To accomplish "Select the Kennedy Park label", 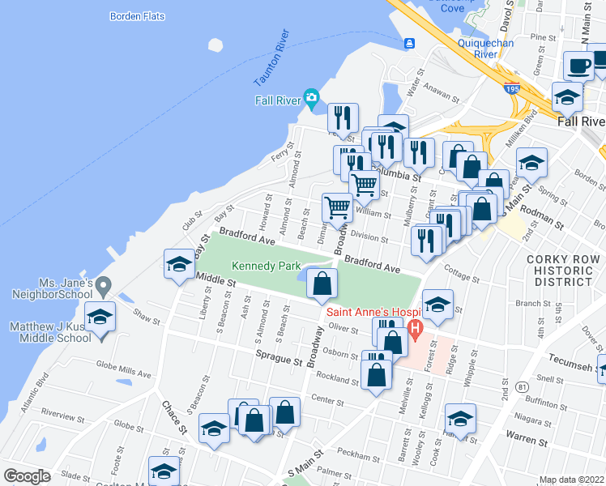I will pyautogui.click(x=266, y=266).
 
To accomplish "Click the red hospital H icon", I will pyautogui.click(x=416, y=330).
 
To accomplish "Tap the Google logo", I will pyautogui.click(x=27, y=476).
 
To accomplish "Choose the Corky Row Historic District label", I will pyautogui.click(x=563, y=271).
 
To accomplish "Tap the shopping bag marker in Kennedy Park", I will pyautogui.click(x=322, y=283).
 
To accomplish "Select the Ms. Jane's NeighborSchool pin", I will pyautogui.click(x=103, y=285).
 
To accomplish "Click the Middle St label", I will pyautogui.click(x=216, y=282).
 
